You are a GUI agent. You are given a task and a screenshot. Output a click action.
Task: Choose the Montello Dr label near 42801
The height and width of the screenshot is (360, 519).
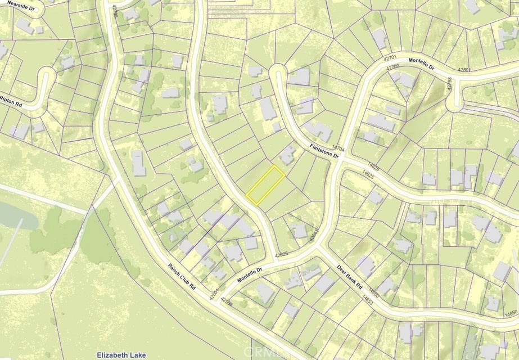(x=421, y=64)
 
